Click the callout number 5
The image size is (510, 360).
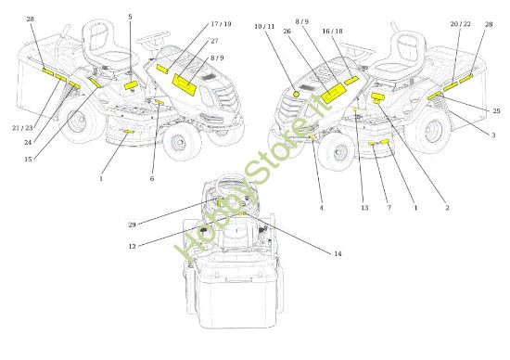tap(130, 17)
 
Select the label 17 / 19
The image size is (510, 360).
tap(221, 24)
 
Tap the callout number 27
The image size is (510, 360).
tap(214, 41)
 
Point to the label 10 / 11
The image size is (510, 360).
tap(264, 26)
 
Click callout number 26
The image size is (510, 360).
tap(287, 32)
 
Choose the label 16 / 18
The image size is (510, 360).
tap(332, 32)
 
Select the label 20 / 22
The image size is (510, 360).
tap(460, 24)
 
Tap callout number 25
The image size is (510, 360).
tap(496, 111)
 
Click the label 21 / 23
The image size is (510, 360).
tap(23, 128)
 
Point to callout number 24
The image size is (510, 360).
tap(28, 143)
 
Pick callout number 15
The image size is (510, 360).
tap(28, 160)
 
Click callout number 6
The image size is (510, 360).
tap(152, 179)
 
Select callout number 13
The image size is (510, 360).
tap(364, 208)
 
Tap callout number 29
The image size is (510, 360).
tap(132, 225)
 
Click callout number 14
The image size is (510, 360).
tap(338, 253)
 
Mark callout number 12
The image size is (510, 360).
tap(132, 247)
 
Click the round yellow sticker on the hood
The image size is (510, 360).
tap(296, 94)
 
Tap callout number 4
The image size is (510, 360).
tap(322, 208)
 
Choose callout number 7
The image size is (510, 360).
tap(389, 208)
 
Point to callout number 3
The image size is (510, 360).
tap(493, 135)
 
